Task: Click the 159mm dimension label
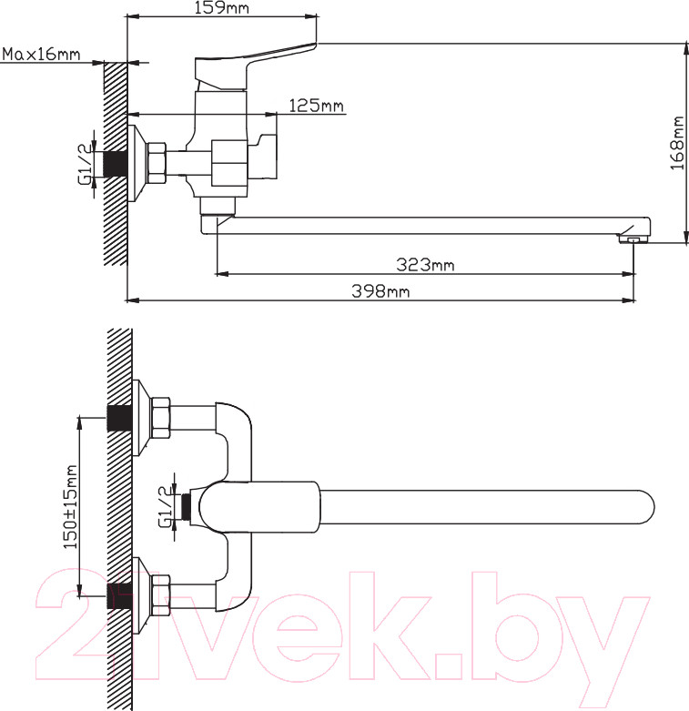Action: tap(222, 7)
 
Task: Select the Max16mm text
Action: tap(41, 55)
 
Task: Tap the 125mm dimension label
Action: tap(317, 106)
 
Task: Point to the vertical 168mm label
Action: tap(677, 143)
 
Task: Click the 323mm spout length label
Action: tap(425, 264)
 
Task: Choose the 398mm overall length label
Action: tap(380, 290)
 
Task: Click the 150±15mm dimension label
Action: tap(70, 507)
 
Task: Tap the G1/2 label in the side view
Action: tap(86, 164)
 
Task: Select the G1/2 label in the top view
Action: tap(166, 506)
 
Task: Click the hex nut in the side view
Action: tap(156, 163)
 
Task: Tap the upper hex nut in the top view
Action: tap(160, 418)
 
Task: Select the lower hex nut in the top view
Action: tap(160, 594)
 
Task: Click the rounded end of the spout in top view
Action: tap(646, 507)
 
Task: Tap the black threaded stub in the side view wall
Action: tap(115, 164)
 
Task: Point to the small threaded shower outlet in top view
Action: tap(185, 506)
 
